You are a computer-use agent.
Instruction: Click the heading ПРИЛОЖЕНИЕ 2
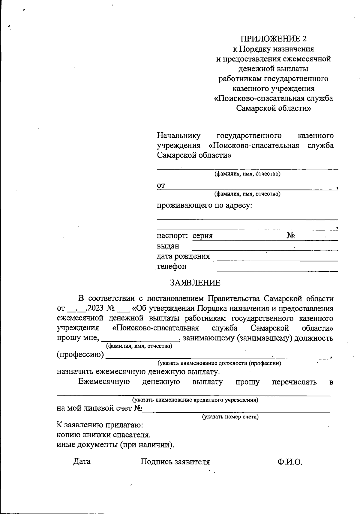274,39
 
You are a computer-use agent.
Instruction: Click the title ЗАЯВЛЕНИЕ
195,283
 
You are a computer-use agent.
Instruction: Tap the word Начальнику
179,136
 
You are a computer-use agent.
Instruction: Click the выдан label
168,246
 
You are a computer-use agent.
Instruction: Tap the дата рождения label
183,256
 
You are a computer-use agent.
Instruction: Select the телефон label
172,266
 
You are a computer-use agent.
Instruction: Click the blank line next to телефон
277,270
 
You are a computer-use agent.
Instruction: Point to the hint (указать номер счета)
230,417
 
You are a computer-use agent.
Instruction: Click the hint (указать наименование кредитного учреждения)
195,400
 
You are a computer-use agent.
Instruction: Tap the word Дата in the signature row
82,461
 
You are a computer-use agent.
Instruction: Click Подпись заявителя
175,462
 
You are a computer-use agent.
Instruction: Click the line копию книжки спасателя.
104,435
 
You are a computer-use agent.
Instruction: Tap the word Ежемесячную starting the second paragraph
104,382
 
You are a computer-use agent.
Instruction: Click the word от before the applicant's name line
161,186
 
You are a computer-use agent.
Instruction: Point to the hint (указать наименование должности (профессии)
219,363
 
